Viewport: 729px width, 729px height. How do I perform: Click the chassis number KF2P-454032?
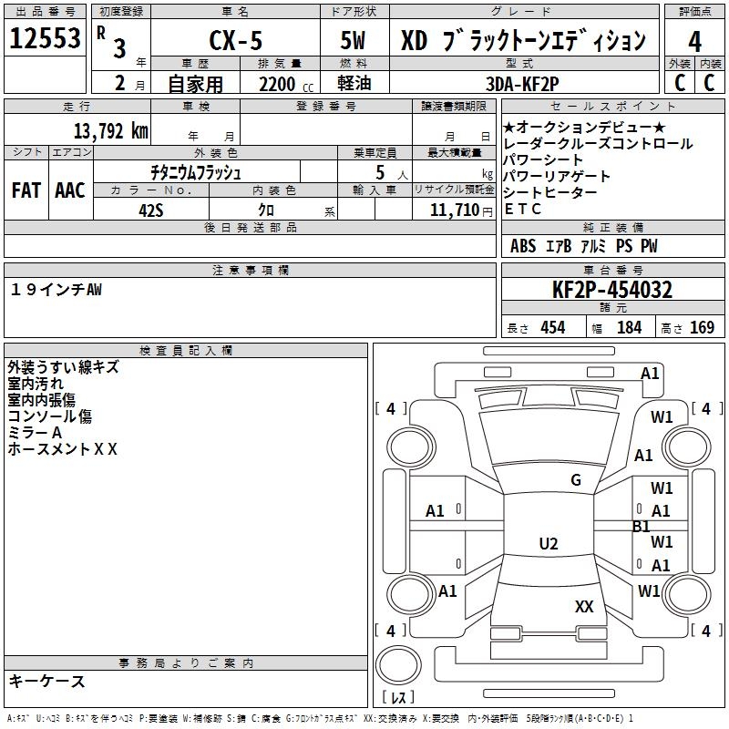[612, 291]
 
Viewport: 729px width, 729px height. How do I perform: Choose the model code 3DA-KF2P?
[522, 83]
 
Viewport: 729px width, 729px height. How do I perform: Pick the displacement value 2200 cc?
[277, 84]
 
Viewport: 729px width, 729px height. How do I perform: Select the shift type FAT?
[26, 190]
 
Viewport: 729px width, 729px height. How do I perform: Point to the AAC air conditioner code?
[69, 190]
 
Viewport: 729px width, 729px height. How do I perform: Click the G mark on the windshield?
[575, 480]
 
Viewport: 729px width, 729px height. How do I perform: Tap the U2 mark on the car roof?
[548, 544]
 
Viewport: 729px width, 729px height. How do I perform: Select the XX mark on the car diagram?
[584, 606]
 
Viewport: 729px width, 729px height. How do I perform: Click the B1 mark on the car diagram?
[641, 527]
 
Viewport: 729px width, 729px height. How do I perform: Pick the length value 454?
[552, 327]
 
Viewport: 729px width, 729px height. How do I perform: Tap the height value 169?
[702, 327]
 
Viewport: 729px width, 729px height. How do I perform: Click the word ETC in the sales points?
[522, 209]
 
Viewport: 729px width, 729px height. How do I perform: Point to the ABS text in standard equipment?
[523, 246]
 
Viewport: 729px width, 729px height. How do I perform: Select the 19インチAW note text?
[56, 289]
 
